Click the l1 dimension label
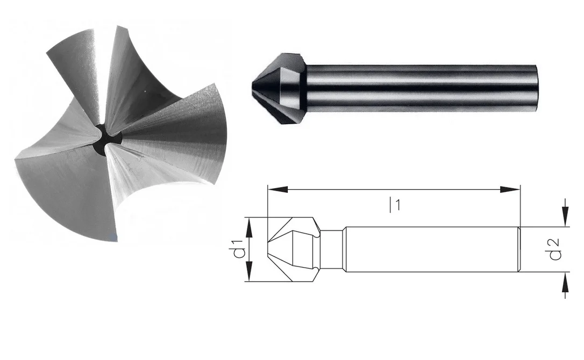395,205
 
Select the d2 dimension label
554,249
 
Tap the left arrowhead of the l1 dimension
278,190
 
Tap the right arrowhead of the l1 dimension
509,190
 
